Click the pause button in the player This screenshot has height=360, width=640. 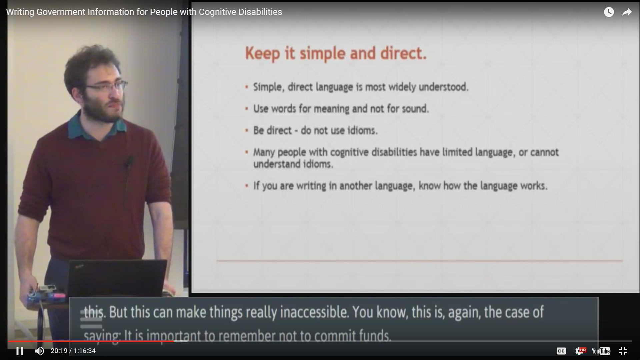(x=20, y=351)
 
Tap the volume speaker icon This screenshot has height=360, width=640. (x=39, y=351)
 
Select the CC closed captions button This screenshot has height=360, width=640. (x=561, y=351)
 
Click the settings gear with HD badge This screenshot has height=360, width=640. (x=580, y=351)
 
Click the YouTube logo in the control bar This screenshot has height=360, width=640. (x=601, y=351)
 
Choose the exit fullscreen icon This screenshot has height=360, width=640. (x=623, y=351)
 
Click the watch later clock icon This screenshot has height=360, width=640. (x=609, y=12)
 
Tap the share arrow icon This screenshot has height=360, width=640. (x=627, y=12)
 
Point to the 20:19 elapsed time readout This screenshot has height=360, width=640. (x=59, y=351)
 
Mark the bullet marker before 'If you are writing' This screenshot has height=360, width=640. (x=247, y=186)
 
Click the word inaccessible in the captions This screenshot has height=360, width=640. (x=314, y=312)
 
